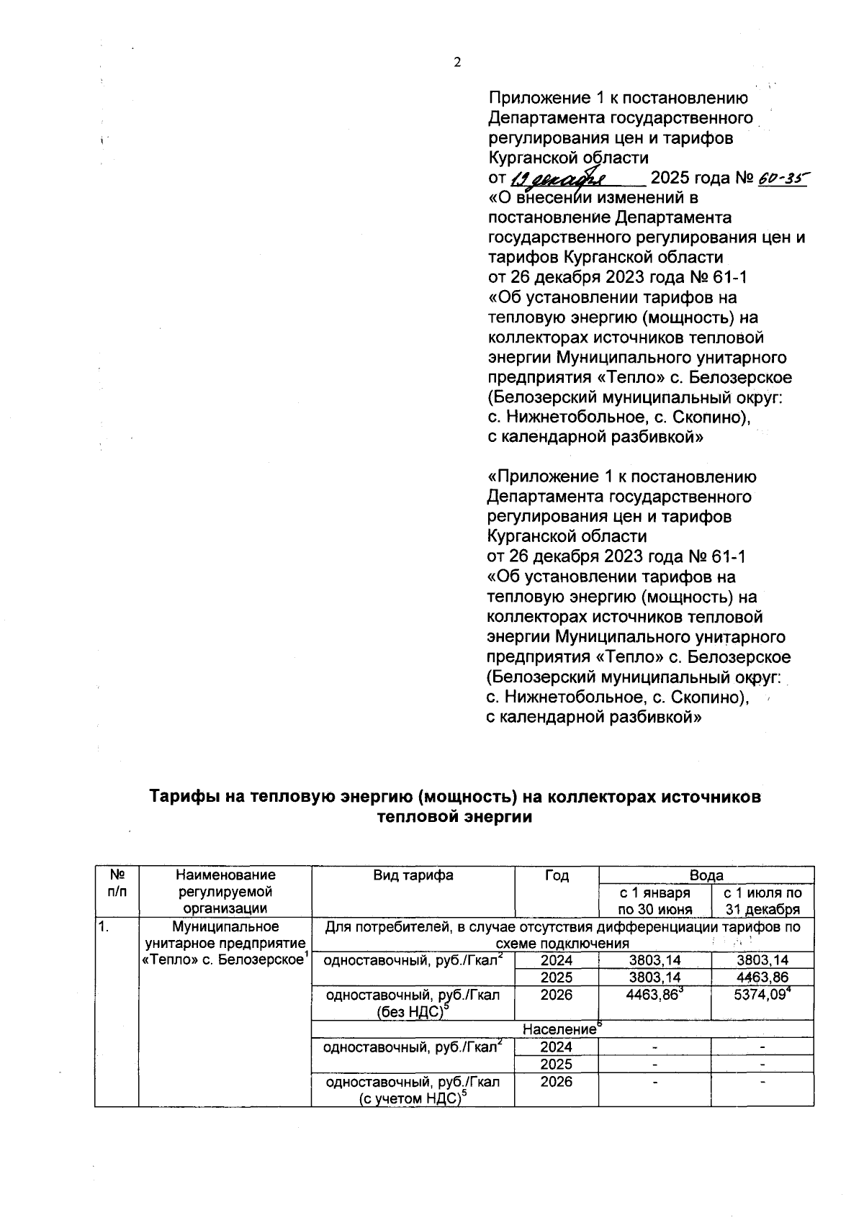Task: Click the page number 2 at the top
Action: coord(456,63)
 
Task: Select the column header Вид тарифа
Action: coord(413,875)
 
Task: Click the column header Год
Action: coord(557,875)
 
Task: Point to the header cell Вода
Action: coord(706,875)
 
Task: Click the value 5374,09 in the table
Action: coord(760,995)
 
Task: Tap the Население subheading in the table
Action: coord(559,1029)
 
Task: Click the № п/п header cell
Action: coord(116,884)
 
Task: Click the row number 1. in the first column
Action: coord(104,927)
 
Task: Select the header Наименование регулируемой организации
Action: coord(225,892)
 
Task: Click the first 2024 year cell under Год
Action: coord(557,960)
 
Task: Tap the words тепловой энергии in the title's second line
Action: coord(455,817)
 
